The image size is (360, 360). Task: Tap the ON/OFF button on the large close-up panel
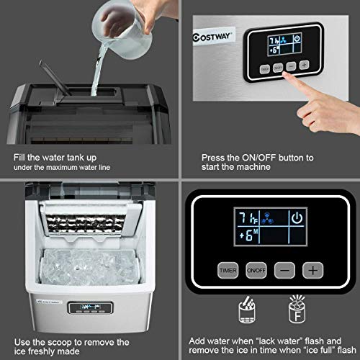pyautogui.click(x=253, y=271)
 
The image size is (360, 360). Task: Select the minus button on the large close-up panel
pyautogui.click(x=284, y=271)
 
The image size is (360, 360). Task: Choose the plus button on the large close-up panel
pyautogui.click(x=312, y=271)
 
